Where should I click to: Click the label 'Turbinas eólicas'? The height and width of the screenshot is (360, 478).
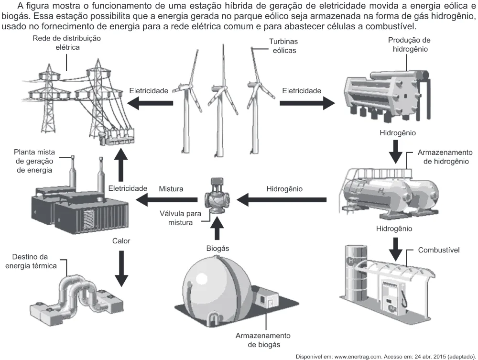[283, 46]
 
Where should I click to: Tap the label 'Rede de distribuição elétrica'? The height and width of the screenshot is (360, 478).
[67, 43]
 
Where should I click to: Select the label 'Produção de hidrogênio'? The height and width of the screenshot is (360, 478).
[410, 44]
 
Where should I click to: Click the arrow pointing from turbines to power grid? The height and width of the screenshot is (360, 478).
[150, 103]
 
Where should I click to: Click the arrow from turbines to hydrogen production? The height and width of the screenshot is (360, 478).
[307, 103]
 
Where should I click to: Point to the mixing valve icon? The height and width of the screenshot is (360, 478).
[217, 196]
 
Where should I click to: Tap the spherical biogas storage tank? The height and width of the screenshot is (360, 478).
[217, 286]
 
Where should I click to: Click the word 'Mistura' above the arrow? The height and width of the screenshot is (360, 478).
[171, 189]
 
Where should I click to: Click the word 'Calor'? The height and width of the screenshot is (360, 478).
[121, 241]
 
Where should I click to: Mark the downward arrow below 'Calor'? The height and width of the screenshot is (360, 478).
[121, 268]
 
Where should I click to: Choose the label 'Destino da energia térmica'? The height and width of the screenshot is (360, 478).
[31, 261]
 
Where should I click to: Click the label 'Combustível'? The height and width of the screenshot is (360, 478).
[439, 250]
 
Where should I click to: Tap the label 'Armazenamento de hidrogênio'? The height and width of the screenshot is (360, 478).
[445, 157]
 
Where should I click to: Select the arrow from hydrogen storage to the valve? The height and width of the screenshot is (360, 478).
[282, 200]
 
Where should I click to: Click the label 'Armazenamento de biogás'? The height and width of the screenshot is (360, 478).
[263, 340]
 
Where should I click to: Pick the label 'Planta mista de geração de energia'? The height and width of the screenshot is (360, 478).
[34, 161]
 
